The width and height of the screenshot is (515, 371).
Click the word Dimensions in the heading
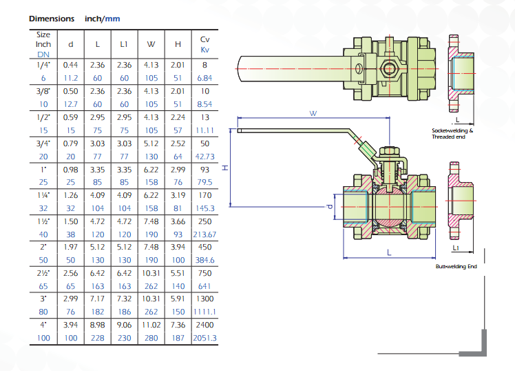point(52,19)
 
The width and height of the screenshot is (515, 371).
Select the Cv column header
point(205,39)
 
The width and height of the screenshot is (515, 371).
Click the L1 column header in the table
point(124,44)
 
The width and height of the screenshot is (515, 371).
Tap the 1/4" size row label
point(43,65)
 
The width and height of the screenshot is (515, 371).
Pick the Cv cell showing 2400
point(204,325)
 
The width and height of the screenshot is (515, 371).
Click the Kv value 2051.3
point(204,338)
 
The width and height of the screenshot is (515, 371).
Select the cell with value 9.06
point(124,325)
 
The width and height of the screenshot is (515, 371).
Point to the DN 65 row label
point(43,286)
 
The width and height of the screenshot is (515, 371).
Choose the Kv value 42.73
point(204,157)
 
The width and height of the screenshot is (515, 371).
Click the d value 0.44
point(71,65)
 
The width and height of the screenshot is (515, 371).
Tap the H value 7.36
point(178,325)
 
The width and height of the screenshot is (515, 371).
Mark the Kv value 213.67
point(204,234)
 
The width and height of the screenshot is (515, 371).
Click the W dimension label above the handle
point(313,114)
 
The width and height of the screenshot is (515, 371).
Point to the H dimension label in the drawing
point(225,168)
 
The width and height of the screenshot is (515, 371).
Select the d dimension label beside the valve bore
point(330,207)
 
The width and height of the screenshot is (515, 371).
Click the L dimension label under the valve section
point(389,252)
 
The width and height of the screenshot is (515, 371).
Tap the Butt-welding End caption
point(456,266)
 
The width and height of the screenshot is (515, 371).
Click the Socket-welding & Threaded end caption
point(452,134)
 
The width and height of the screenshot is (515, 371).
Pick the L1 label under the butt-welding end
point(456,248)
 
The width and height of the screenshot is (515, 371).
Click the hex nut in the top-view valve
point(389,69)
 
